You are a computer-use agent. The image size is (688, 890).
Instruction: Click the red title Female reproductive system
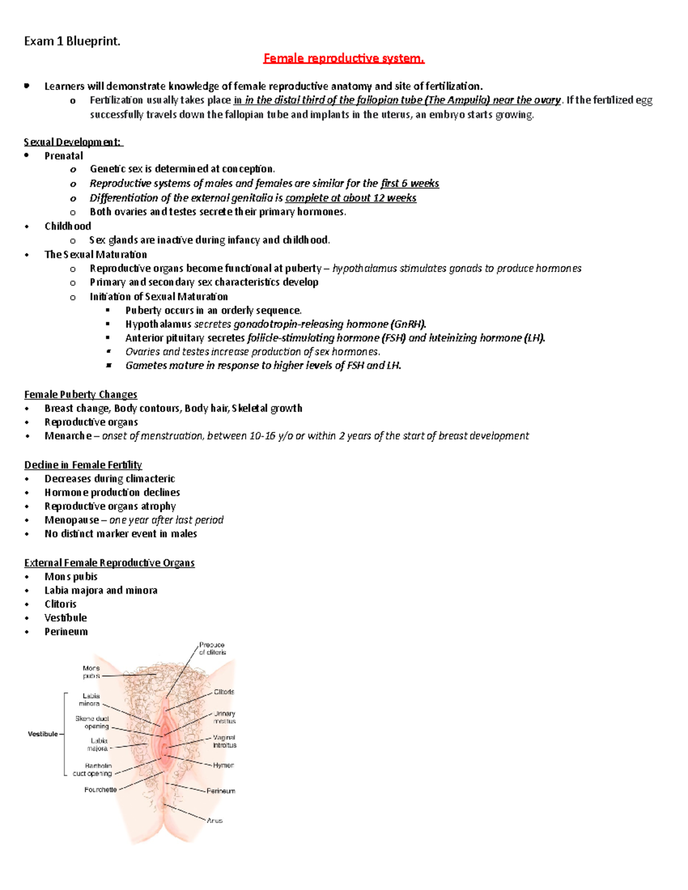coord(343,58)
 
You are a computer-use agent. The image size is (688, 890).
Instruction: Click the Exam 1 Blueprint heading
coord(72,41)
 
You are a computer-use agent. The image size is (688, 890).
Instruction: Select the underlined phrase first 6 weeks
coord(409,183)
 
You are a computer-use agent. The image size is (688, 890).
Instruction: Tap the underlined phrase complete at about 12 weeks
coord(350,198)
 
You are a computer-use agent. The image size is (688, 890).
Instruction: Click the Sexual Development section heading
coord(73,142)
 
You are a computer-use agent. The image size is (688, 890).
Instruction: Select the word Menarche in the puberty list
coord(68,436)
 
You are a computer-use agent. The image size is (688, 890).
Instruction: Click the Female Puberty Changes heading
coord(80,394)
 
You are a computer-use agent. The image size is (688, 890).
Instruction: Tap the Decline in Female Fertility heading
coord(83,465)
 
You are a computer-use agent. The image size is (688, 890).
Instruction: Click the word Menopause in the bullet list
coord(71,520)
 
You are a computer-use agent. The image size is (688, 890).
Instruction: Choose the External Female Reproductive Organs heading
coord(109,563)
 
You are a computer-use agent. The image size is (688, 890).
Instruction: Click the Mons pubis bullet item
coord(71,577)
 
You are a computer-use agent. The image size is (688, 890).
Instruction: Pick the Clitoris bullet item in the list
coord(60,604)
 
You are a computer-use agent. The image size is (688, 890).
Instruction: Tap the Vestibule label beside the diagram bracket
coord(42,734)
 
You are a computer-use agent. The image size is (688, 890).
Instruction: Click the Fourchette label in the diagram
coord(100,790)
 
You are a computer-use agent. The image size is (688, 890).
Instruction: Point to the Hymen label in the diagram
coord(223,765)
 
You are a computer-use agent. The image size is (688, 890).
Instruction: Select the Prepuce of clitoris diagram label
coord(212,649)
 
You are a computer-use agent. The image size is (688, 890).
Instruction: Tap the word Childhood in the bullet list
coord(68,226)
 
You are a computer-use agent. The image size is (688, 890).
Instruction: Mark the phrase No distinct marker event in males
coord(120,534)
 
